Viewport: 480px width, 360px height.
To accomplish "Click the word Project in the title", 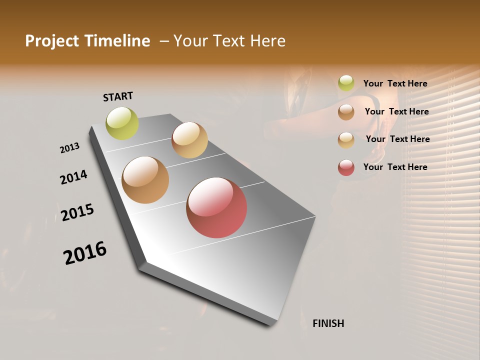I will pyautogui.click(x=49, y=41).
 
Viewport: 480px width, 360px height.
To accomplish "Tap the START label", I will pyautogui.click(x=118, y=96).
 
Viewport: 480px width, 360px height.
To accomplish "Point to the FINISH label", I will pyautogui.click(x=328, y=323).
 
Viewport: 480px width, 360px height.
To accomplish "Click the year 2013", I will pyautogui.click(x=69, y=148).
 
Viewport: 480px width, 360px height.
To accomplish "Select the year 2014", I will pyautogui.click(x=73, y=177).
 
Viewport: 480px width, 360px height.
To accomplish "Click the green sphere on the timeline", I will pyautogui.click(x=122, y=123).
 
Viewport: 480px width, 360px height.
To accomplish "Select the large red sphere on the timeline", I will pyautogui.click(x=216, y=207).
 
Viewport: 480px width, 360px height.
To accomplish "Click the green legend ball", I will pyautogui.click(x=346, y=83).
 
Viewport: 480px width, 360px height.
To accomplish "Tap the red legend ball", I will pyautogui.click(x=346, y=167).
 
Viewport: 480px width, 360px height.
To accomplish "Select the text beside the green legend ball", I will pyautogui.click(x=395, y=84).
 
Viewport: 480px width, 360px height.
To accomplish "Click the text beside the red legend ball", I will pyautogui.click(x=395, y=167).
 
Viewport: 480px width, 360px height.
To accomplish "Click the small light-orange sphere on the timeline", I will pyautogui.click(x=189, y=140).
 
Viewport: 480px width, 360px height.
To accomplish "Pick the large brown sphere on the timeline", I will pyautogui.click(x=145, y=180).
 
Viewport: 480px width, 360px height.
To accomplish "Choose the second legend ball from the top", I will pyautogui.click(x=346, y=112).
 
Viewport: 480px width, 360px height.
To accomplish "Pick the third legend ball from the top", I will pyautogui.click(x=346, y=140).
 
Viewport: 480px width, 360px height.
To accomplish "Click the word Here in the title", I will pyautogui.click(x=267, y=41).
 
